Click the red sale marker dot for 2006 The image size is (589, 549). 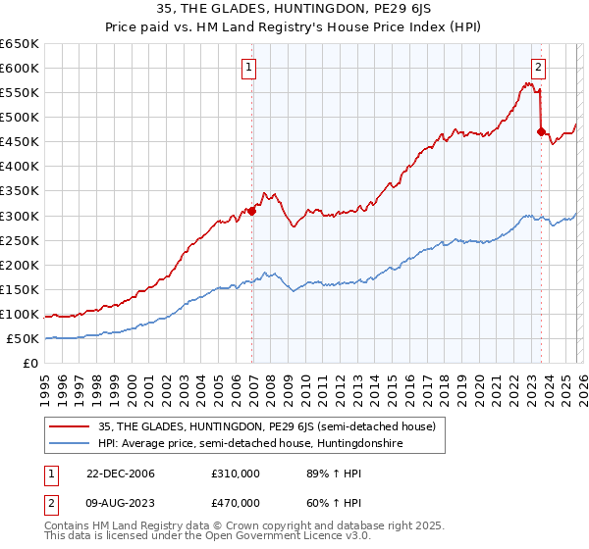[252, 210]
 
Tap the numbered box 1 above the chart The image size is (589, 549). [249, 68]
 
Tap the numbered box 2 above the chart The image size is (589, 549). [539, 68]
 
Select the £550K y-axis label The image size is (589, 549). [20, 93]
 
